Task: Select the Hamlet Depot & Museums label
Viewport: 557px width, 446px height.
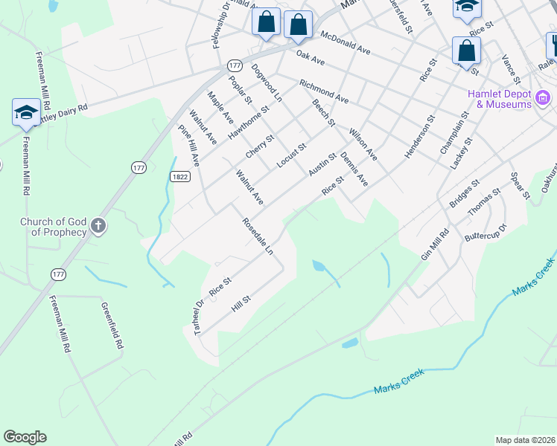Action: (x=499, y=100)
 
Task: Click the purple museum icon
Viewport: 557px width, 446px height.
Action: (x=544, y=98)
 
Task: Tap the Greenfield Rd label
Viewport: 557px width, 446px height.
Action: (x=110, y=325)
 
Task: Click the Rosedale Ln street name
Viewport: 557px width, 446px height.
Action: (x=258, y=236)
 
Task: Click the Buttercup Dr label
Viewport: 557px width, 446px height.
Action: (x=485, y=232)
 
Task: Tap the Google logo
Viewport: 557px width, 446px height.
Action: (x=25, y=437)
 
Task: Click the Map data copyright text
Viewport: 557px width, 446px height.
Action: (x=526, y=440)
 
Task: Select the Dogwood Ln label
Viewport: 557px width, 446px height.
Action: (x=267, y=82)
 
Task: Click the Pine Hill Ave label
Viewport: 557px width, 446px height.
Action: (x=189, y=145)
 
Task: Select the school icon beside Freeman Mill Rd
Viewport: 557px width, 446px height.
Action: (x=26, y=113)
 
